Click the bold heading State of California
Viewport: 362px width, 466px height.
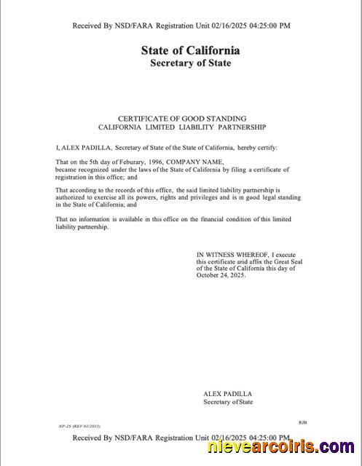tap(190, 51)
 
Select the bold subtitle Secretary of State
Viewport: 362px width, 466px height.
tap(190, 63)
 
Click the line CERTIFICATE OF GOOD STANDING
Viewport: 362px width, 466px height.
tap(182, 118)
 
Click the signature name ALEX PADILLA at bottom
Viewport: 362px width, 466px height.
tap(227, 394)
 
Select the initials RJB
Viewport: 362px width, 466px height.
tap(303, 422)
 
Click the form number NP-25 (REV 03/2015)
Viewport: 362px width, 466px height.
tap(79, 425)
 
